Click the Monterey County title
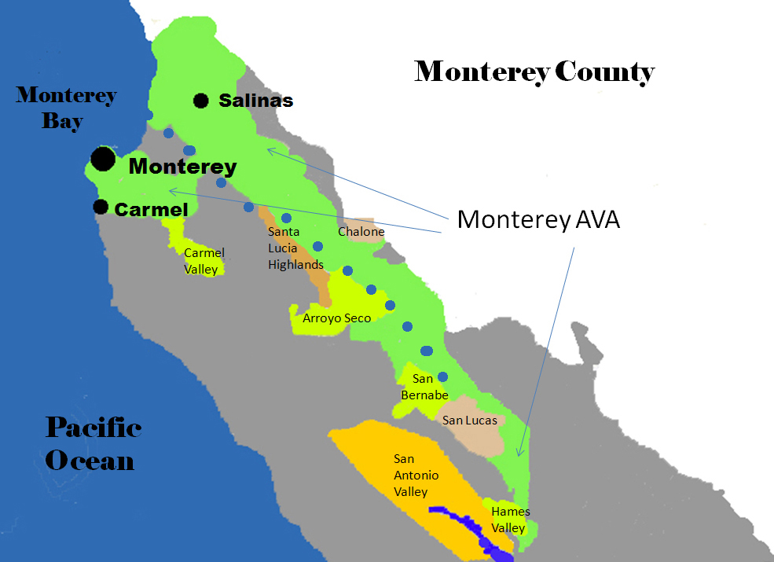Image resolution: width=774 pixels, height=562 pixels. coord(534,72)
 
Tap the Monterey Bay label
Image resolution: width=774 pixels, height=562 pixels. coord(66,108)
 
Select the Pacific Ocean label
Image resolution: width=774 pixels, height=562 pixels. coord(93,443)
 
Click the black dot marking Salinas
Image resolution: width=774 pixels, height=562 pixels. coord(201,100)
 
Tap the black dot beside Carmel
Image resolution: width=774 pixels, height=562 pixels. coord(101,207)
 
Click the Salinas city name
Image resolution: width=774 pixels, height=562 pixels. coord(256,101)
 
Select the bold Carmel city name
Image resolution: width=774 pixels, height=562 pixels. coord(152,210)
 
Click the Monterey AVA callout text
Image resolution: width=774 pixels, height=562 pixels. coord(538,219)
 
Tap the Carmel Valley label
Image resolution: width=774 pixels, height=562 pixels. coord(204,261)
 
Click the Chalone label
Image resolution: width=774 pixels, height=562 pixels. coord(361,232)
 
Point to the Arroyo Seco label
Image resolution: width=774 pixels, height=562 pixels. coord(336,318)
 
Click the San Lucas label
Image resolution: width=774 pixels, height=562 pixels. coord(469,421)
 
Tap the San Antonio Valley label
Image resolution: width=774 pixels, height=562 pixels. coord(416,475)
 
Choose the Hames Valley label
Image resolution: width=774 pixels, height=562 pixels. coord(510,520)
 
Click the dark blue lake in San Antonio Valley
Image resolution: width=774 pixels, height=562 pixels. coord(471,528)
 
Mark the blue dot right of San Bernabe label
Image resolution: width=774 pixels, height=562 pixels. coord(442,377)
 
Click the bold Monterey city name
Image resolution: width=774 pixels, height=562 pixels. coord(182,167)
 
